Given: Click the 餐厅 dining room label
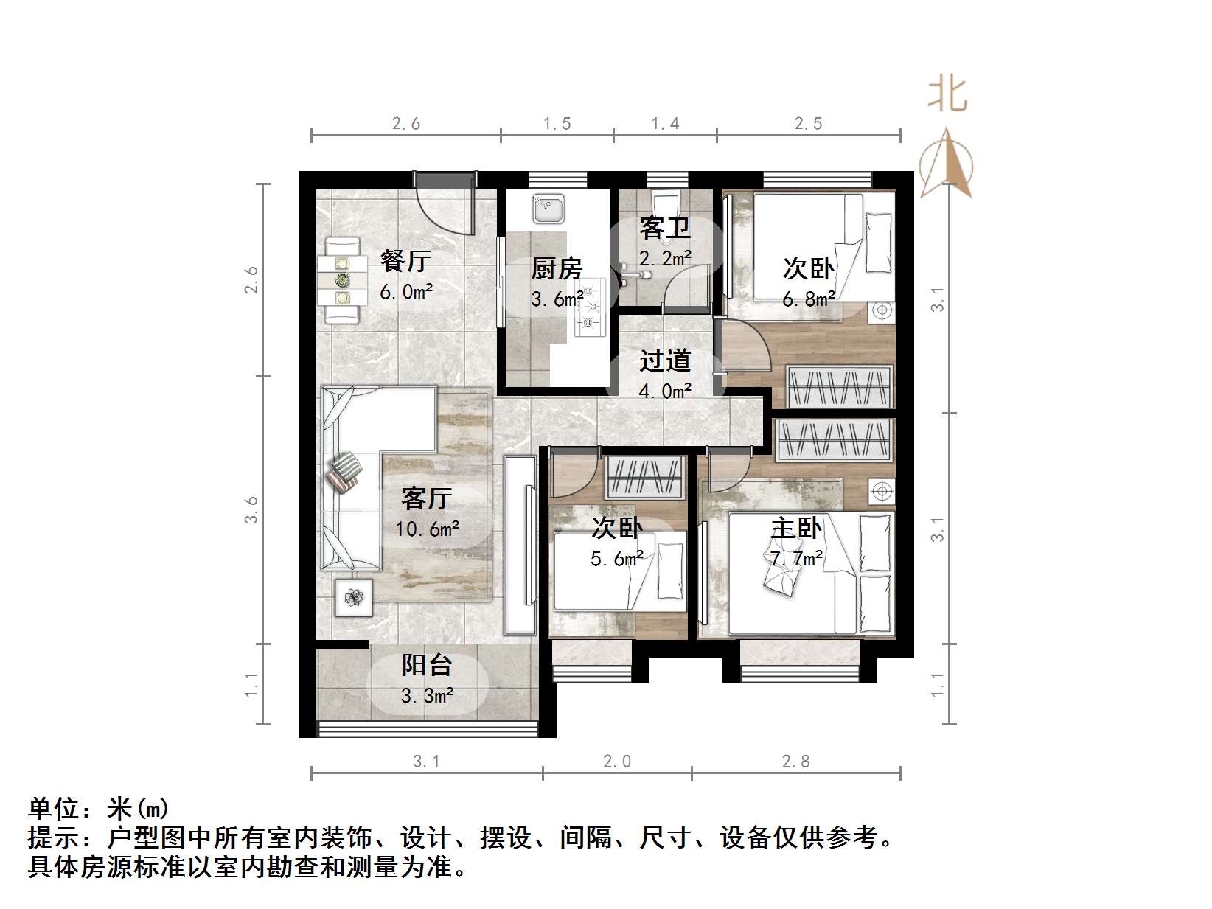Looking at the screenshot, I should (405, 260).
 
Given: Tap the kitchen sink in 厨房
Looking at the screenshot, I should (548, 209).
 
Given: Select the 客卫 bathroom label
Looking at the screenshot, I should (664, 228).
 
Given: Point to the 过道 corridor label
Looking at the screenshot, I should (664, 361).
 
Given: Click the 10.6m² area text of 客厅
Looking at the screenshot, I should (427, 529).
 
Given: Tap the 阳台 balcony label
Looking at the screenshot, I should (426, 665).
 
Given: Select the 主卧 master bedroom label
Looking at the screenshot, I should (795, 529).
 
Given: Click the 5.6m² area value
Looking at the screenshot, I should (616, 558).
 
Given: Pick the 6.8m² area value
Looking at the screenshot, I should (808, 299).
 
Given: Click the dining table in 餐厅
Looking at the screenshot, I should (343, 280).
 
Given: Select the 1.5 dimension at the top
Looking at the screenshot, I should (557, 123).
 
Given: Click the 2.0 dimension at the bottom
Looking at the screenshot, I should (616, 761).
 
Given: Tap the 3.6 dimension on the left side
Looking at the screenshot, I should (252, 509).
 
